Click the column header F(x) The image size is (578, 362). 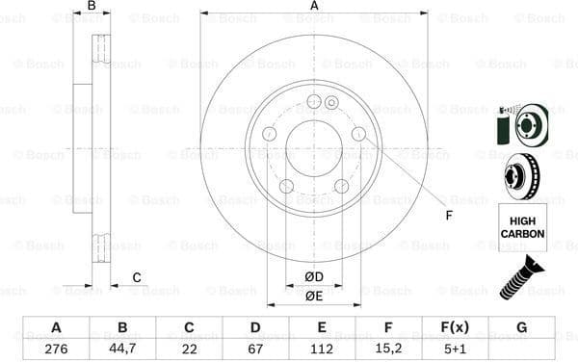(455, 327)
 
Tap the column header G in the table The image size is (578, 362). (521, 327)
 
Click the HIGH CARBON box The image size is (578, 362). (522, 227)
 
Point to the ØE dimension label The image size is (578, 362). (313, 297)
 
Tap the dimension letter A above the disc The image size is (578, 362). (314, 7)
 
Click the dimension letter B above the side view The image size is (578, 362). (92, 7)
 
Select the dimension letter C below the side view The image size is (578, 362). (137, 278)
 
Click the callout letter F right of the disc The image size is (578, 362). (449, 214)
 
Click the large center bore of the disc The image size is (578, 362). (313, 149)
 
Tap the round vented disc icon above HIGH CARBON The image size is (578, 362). (521, 175)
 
